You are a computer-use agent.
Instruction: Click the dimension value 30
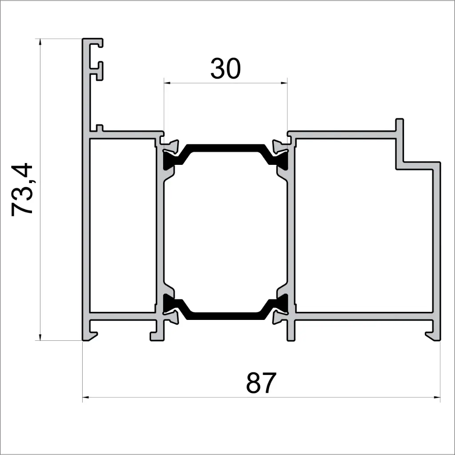(225, 69)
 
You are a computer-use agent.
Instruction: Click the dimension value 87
(261, 383)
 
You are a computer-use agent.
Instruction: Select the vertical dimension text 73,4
(22, 190)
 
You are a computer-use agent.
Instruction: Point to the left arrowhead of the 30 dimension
(166, 83)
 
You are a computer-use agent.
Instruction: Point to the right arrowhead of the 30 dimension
(284, 83)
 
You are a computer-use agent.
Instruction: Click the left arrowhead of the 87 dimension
(86, 397)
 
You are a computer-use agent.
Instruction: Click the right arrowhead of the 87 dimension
(437, 397)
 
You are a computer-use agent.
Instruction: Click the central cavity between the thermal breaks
(225, 231)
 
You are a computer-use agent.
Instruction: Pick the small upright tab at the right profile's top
(399, 125)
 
